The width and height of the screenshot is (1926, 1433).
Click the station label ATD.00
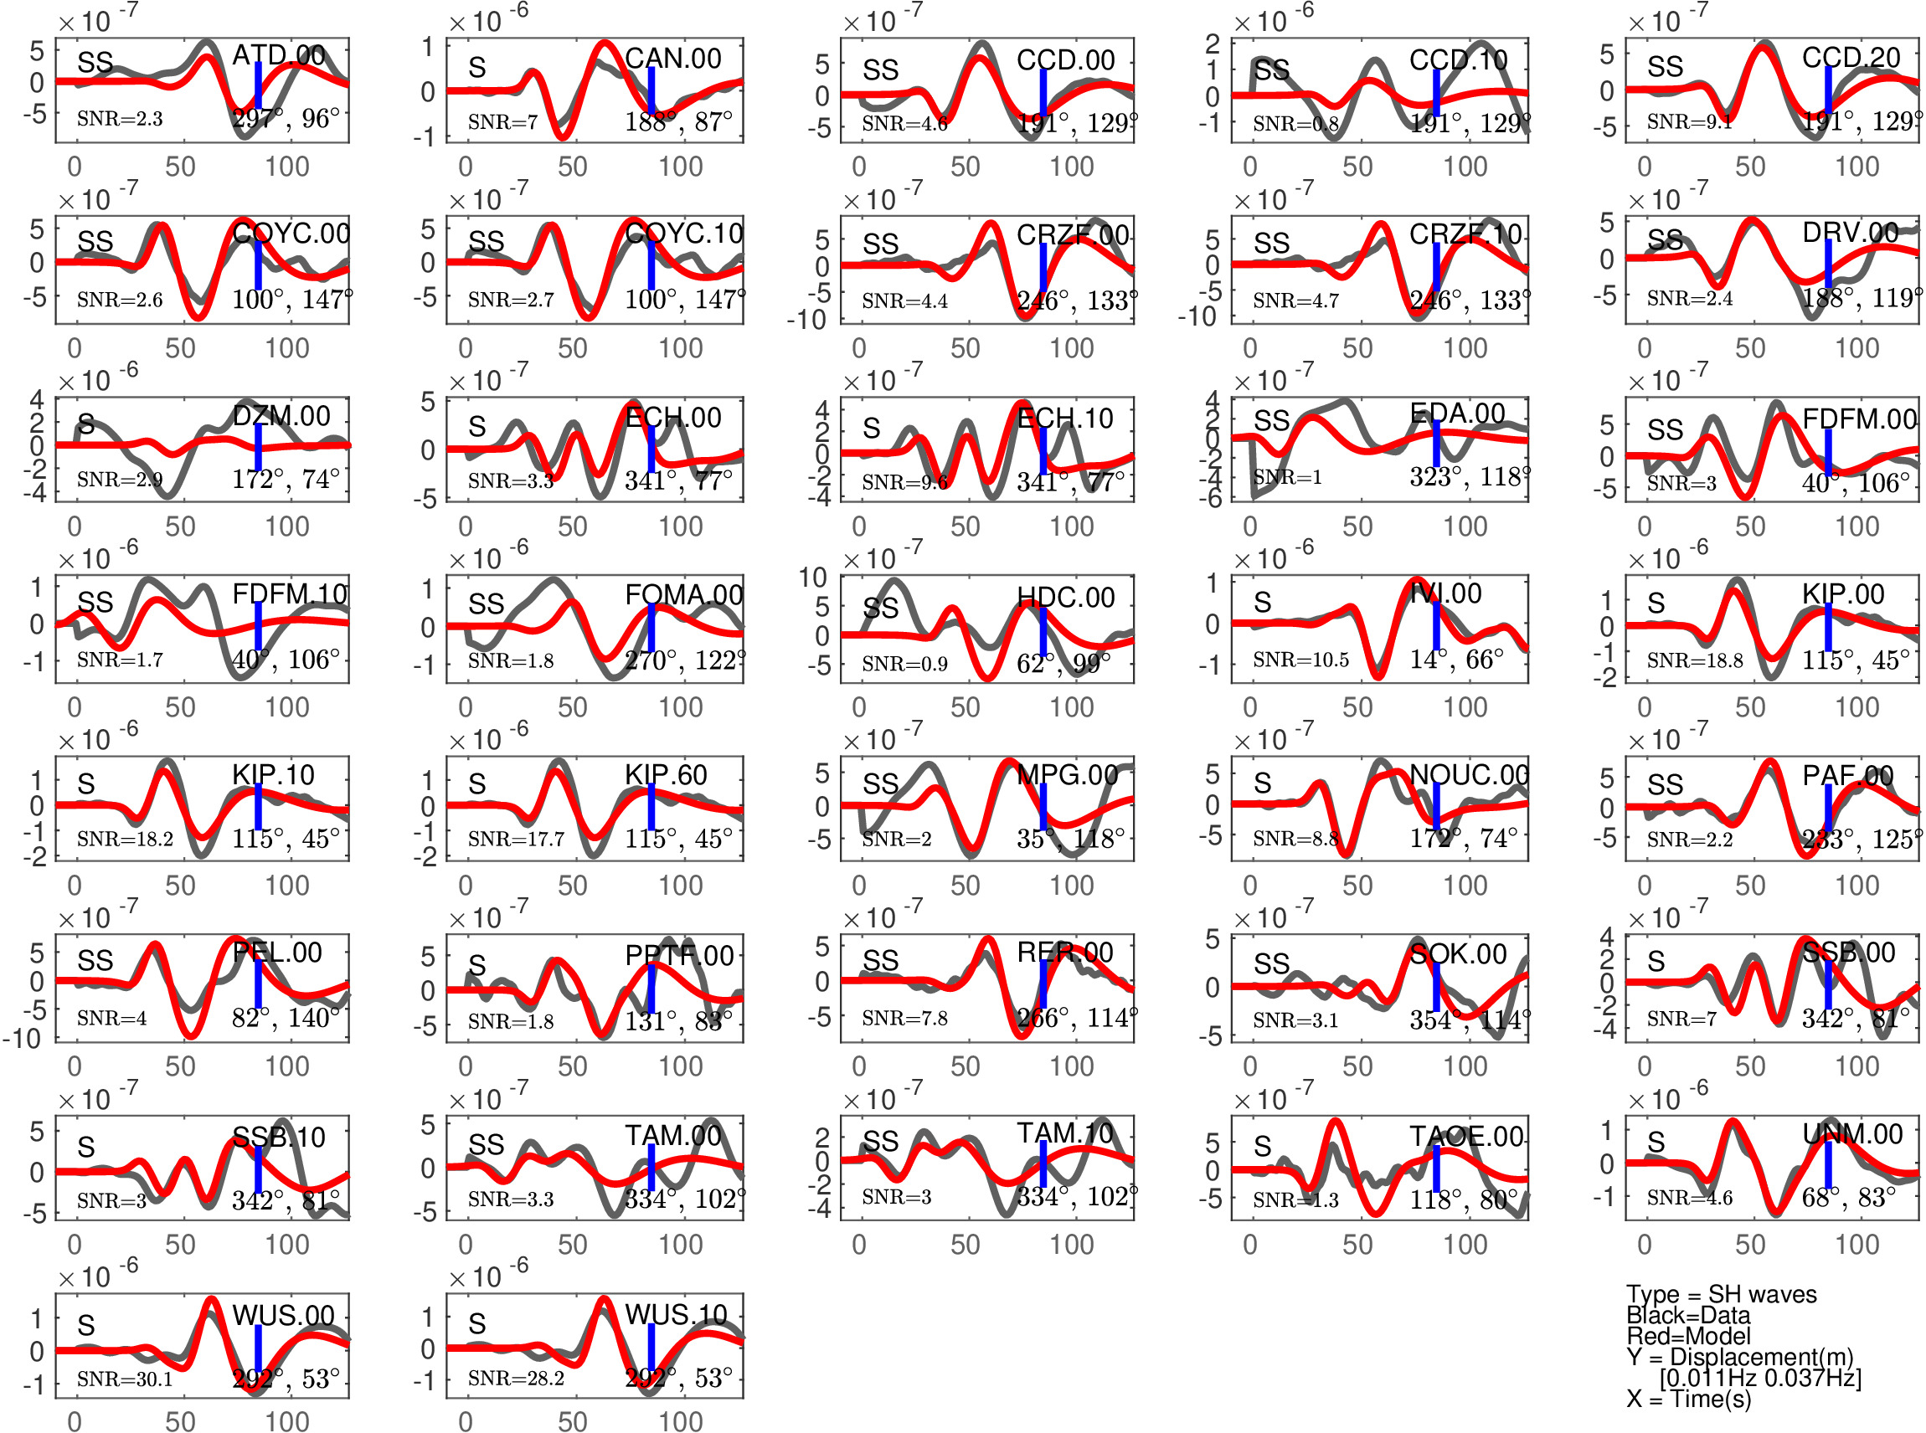pos(279,55)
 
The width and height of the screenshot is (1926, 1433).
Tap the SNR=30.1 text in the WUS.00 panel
pos(124,1379)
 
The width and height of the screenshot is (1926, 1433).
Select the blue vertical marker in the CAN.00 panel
pos(651,90)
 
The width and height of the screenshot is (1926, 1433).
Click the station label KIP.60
pos(666,774)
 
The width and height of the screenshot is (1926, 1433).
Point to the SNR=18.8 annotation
pos(1694,660)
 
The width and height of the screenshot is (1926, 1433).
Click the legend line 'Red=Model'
pos(1687,1336)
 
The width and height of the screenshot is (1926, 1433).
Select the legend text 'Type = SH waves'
pos(1721,1294)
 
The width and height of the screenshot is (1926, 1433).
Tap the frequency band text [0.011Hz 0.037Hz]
pos(1760,1378)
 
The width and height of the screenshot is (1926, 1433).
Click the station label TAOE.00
pos(1466,1137)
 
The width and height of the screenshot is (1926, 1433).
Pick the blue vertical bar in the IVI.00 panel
pos(1436,623)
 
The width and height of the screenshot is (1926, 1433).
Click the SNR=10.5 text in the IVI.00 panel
pos(1300,660)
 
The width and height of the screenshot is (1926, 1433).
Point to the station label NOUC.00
pos(1469,774)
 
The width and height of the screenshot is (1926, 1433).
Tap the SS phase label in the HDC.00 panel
pos(881,609)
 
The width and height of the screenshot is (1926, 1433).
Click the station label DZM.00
pos(281,416)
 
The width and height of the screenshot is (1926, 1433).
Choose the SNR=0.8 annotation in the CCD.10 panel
pos(1295,124)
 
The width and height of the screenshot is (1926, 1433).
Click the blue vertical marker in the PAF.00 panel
pos(1828,808)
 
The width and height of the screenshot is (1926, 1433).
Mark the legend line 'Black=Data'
pos(1687,1315)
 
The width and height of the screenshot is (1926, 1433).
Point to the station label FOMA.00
pos(683,595)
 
